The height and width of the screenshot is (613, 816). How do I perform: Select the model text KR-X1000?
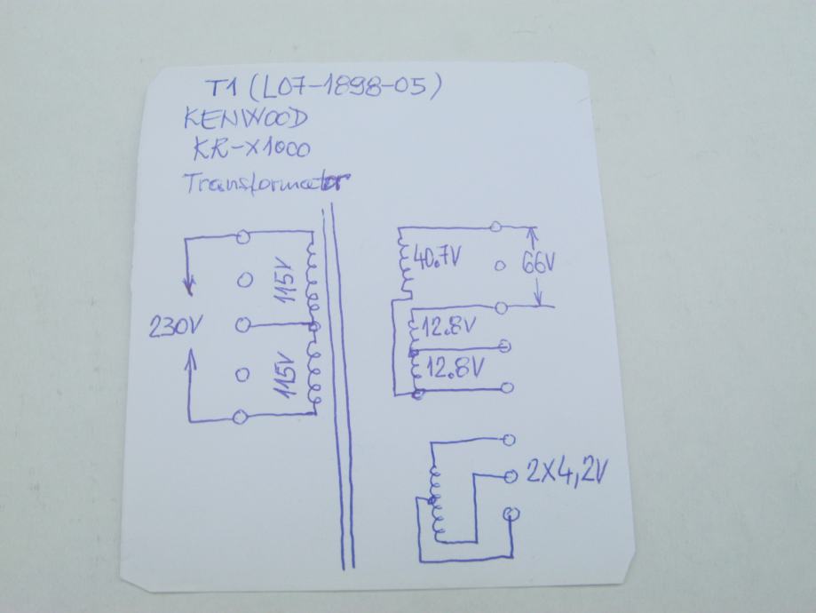click(x=255, y=149)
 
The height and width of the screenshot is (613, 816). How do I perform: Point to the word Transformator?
click(x=263, y=183)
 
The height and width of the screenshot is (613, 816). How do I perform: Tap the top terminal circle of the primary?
click(x=242, y=236)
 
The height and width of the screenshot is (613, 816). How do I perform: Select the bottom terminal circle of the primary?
click(x=240, y=418)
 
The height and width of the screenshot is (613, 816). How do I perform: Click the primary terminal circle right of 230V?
click(x=241, y=326)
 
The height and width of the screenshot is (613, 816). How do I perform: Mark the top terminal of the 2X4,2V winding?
click(x=509, y=438)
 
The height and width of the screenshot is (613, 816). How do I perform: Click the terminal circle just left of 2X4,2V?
click(x=509, y=476)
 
